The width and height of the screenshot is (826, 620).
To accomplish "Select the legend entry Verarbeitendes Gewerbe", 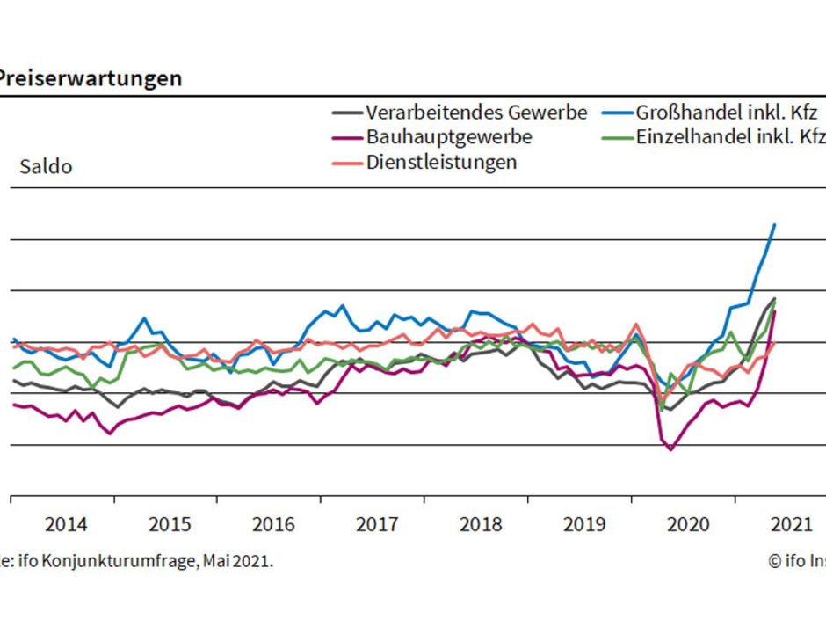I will (475, 113).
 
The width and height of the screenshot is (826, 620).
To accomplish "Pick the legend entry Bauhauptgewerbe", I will (448, 137).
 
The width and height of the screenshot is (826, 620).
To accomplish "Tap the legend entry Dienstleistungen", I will (441, 163).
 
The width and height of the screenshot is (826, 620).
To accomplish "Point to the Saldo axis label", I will (47, 167).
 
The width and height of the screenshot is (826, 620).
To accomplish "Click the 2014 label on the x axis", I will (66, 525).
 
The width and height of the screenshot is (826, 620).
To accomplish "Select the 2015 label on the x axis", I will (170, 525).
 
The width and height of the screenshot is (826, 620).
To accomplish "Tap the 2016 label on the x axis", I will (273, 525).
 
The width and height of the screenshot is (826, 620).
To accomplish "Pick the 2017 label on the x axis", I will (377, 525).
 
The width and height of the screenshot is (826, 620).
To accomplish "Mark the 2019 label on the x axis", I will (583, 525).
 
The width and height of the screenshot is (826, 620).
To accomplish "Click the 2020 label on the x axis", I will (687, 525).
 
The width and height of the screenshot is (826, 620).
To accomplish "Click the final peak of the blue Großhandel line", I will (774, 224).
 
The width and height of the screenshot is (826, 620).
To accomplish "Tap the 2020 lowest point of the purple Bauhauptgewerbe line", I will (671, 449).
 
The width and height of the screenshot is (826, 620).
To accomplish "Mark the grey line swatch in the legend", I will (347, 113).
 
